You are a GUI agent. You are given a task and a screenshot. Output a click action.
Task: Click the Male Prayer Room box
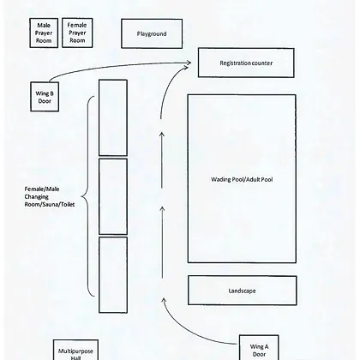(x=44, y=33)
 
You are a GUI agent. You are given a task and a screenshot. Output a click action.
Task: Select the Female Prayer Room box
(x=77, y=33)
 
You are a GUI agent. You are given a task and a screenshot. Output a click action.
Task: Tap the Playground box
(x=152, y=33)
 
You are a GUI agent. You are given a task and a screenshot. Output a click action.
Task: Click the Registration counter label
(x=246, y=63)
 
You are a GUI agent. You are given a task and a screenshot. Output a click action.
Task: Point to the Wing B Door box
(x=45, y=97)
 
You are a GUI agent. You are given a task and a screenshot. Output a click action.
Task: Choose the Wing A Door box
(x=259, y=347)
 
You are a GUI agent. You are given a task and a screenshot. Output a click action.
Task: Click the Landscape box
(x=243, y=291)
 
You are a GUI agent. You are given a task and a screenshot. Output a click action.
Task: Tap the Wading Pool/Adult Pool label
(x=242, y=179)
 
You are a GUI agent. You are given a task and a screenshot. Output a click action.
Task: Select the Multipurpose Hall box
(x=75, y=350)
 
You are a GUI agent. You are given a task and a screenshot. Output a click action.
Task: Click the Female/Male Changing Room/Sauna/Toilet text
(x=50, y=196)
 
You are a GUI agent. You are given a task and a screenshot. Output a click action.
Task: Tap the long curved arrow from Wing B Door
(x=114, y=65)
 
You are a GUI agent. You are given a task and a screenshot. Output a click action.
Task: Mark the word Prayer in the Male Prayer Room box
(x=44, y=33)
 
